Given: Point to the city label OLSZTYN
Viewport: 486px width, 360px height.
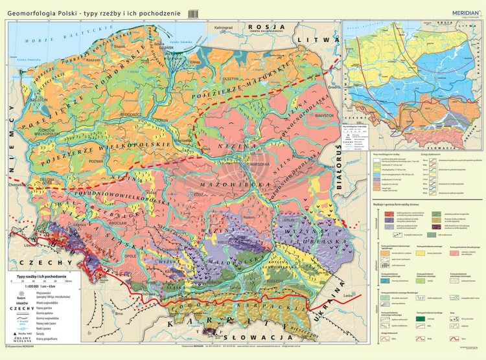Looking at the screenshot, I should coord(231,78).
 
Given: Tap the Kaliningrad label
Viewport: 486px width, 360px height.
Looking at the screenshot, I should coord(223,28).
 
